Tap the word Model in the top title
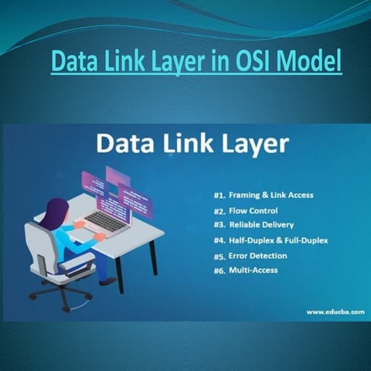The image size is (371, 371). click(x=313, y=60)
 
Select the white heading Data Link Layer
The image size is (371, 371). click(x=192, y=144)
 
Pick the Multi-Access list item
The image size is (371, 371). click(x=253, y=270)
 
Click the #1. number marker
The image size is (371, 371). click(x=220, y=195)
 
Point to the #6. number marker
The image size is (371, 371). click(x=220, y=270)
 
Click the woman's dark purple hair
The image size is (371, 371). click(x=54, y=213)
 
